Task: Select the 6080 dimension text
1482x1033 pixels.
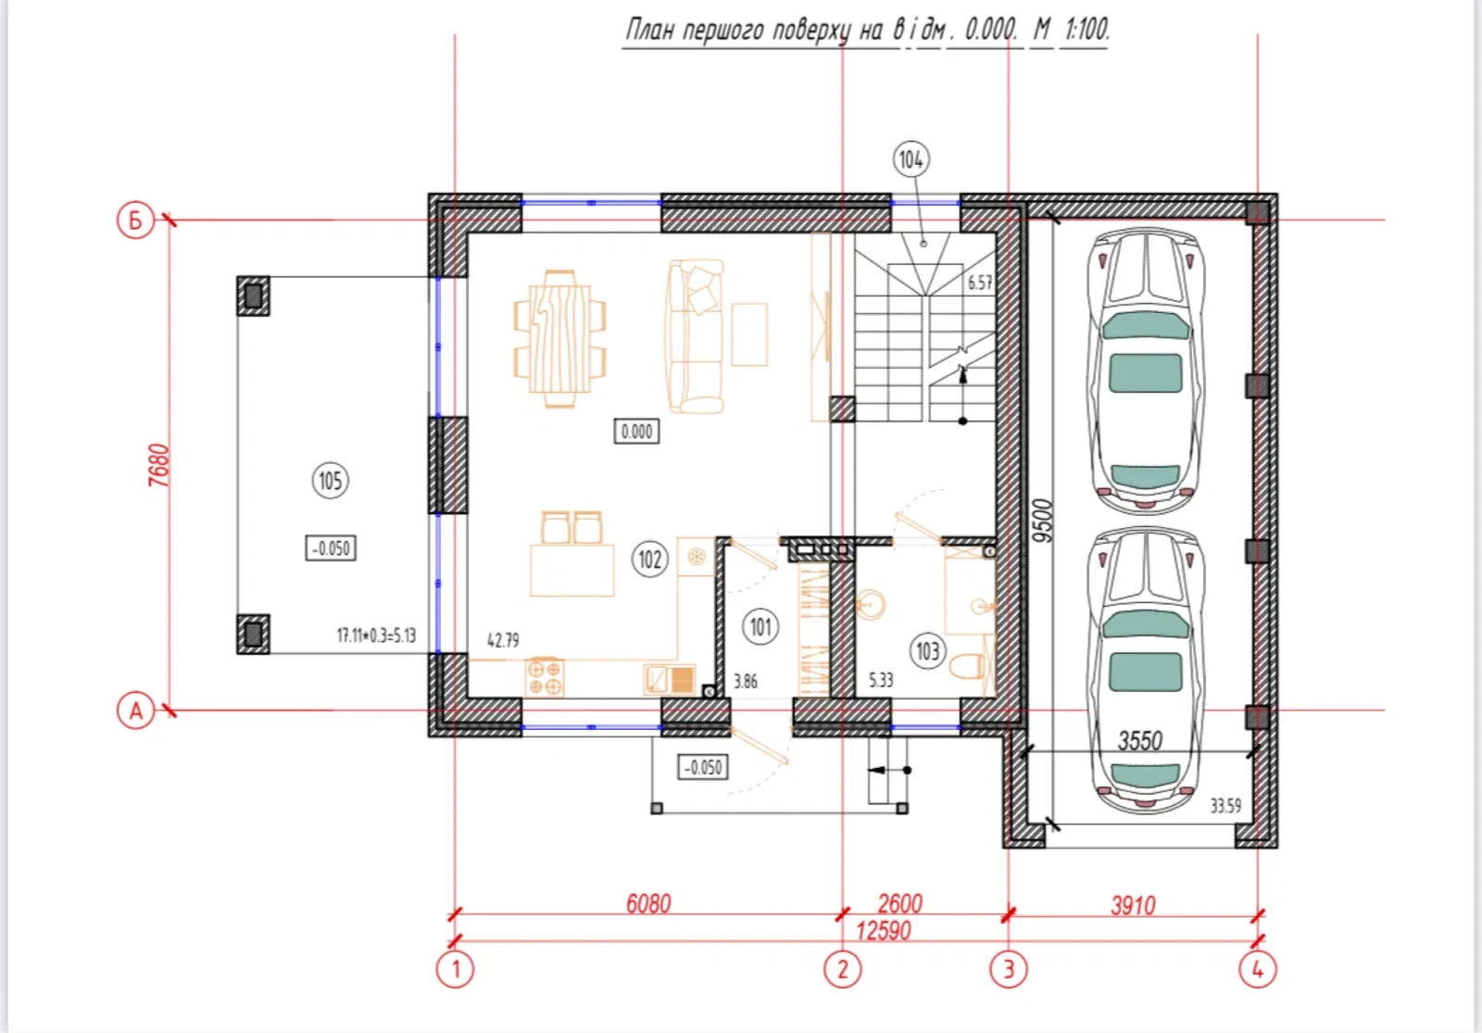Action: click(x=648, y=904)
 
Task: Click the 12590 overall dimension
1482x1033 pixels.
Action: click(x=884, y=931)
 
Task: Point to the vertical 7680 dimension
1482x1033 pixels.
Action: click(x=159, y=465)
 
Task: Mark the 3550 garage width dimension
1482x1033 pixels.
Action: click(x=1140, y=740)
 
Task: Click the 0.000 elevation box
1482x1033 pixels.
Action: click(x=636, y=432)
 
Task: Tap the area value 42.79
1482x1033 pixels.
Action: click(x=503, y=640)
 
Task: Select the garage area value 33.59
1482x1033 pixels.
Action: click(x=1226, y=805)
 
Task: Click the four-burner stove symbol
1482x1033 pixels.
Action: click(x=545, y=677)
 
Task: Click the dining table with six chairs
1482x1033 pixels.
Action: click(x=559, y=338)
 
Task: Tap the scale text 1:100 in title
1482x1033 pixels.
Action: click(x=1086, y=29)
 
